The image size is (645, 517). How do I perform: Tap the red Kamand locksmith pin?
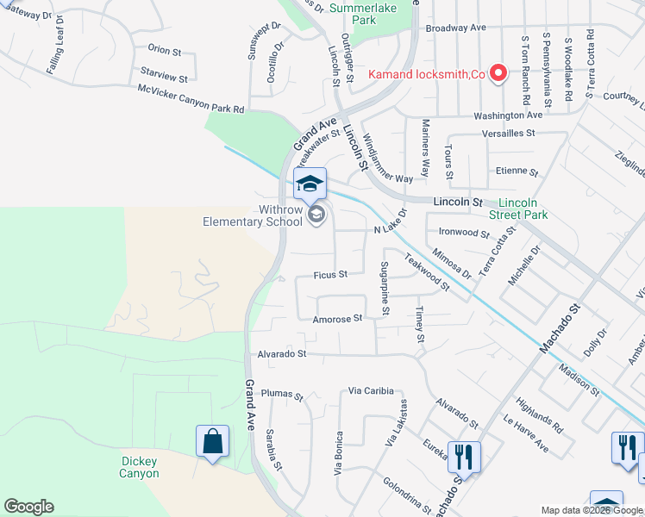(x=498, y=74)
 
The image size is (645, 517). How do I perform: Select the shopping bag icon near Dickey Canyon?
(x=212, y=442)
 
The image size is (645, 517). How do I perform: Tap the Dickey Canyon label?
(x=139, y=468)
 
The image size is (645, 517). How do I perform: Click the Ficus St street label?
(x=330, y=275)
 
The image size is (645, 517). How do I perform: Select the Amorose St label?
(x=337, y=319)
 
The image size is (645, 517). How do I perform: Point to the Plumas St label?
(x=283, y=395)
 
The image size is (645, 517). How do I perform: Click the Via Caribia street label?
(x=372, y=391)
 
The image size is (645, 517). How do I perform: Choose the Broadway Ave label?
(x=456, y=28)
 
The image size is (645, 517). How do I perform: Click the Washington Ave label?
(x=508, y=115)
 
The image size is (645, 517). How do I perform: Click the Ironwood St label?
(x=464, y=233)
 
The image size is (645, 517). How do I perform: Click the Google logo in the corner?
(x=28, y=507)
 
